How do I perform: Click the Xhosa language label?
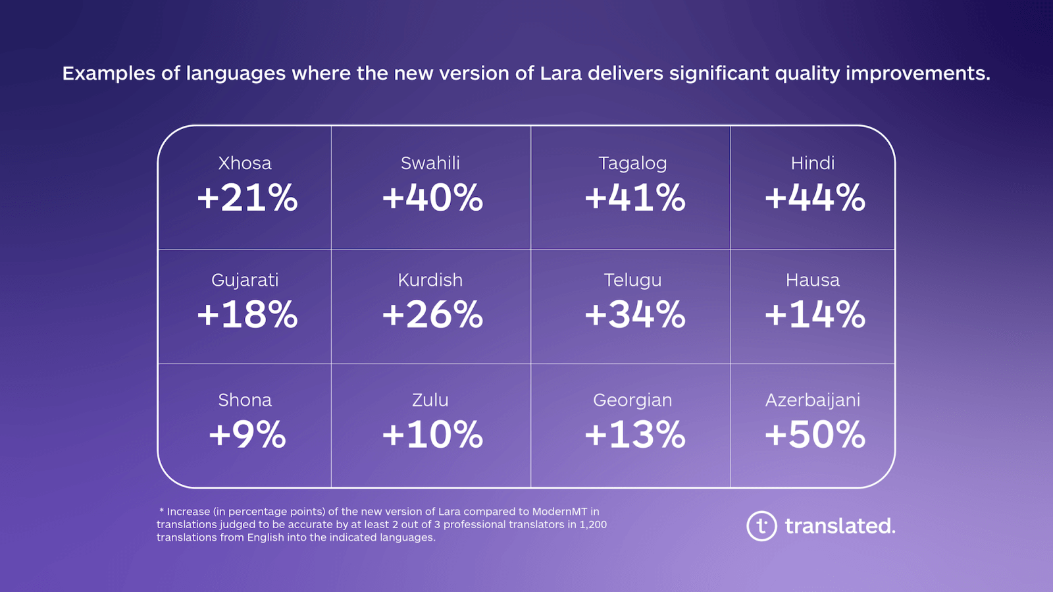(244, 163)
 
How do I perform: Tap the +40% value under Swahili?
(432, 198)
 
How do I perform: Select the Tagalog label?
(632, 163)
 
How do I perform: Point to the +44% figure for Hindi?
(815, 198)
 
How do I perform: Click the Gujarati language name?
(245, 281)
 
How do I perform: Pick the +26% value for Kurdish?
(432, 314)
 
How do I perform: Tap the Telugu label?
(632, 281)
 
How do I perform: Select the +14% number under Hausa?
(815, 314)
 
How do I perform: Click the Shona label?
(245, 400)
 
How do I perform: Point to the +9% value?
(247, 435)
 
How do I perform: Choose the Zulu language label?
(430, 400)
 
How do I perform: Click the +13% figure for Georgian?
(635, 435)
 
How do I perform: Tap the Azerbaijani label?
(813, 400)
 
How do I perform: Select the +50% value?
(815, 435)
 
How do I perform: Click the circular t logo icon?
(761, 526)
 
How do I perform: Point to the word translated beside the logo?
(840, 526)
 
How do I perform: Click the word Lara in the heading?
(561, 73)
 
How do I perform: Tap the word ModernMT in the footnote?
(559, 512)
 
